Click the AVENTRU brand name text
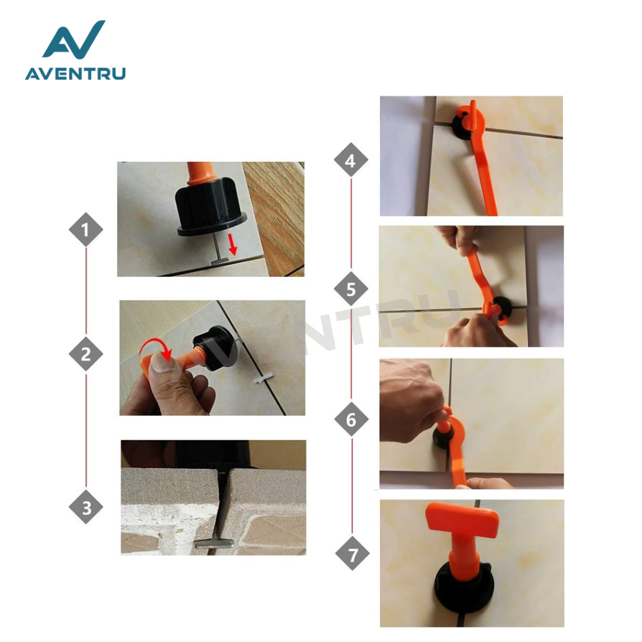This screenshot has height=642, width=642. [x=75, y=74]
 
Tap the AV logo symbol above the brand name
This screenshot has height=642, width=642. [x=74, y=39]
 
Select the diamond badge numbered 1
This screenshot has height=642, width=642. [x=85, y=229]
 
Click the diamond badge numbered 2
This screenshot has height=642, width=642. [x=85, y=354]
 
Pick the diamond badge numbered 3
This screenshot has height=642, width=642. [x=86, y=507]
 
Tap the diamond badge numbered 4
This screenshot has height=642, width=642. [x=350, y=160]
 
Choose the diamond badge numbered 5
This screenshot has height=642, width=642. [x=351, y=289]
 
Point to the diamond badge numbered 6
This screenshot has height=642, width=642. [x=351, y=419]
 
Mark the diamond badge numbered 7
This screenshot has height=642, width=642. [x=352, y=554]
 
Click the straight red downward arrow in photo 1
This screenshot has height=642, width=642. [x=233, y=245]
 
